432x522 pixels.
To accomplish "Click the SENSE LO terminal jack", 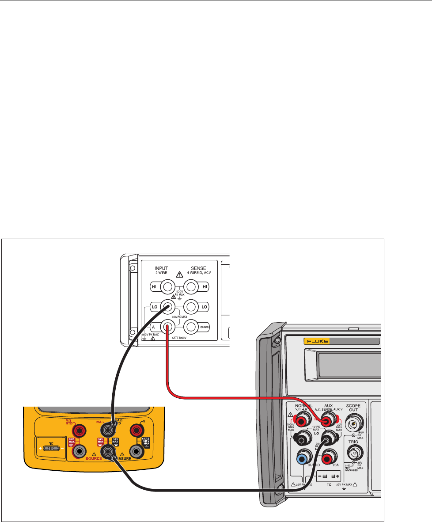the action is click(x=191, y=307).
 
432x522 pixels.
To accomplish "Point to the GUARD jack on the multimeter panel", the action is click(x=191, y=327).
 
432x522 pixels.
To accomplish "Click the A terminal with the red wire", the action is click(x=167, y=327).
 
